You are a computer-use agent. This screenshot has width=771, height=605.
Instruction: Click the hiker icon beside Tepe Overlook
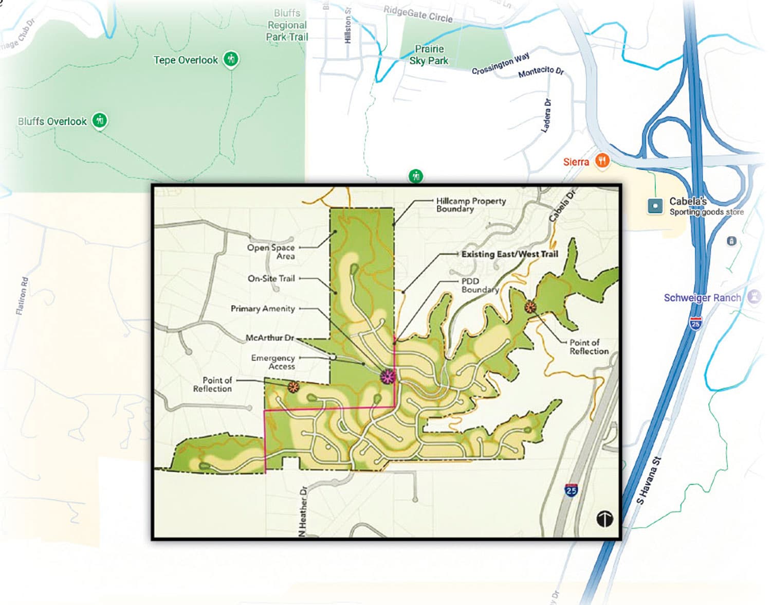(x=231, y=59)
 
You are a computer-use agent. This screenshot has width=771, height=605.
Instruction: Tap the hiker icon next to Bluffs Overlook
(x=100, y=120)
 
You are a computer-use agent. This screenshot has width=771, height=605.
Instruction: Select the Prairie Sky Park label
(x=429, y=55)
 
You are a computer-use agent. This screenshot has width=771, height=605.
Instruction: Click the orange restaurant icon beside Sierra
(x=602, y=161)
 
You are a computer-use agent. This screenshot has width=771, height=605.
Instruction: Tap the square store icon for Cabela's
(x=655, y=206)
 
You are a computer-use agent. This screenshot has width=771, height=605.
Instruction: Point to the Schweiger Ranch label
(x=702, y=297)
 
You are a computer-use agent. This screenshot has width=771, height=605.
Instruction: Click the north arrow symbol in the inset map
(x=604, y=518)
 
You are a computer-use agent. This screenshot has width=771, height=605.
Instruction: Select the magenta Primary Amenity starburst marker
(x=388, y=377)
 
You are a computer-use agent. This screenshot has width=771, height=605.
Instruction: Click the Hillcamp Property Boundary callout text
(x=470, y=205)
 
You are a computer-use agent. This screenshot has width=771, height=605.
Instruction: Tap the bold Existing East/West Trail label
(x=509, y=254)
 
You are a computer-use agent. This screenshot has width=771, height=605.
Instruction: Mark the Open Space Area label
(x=271, y=252)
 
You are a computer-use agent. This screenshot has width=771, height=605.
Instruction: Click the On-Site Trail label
(x=271, y=278)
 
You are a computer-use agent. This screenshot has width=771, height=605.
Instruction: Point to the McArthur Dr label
(x=270, y=337)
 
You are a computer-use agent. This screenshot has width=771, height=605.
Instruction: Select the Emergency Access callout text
(x=273, y=362)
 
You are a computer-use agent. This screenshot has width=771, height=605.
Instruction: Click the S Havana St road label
(x=648, y=481)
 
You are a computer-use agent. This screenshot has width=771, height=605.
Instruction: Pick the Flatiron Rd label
(x=22, y=295)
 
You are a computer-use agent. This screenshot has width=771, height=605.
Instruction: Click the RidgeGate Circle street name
(x=418, y=14)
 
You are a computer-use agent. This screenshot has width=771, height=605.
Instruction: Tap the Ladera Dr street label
(x=547, y=116)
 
